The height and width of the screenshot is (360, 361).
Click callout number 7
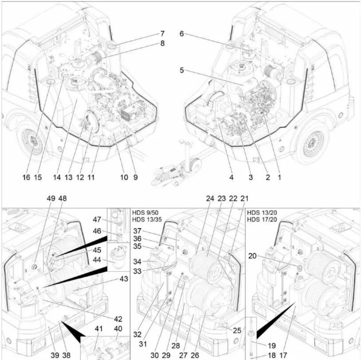[x=162, y=34]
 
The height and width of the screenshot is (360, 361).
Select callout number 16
[x=26, y=177]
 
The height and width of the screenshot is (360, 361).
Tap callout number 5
[x=182, y=71]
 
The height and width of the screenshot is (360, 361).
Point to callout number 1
[x=279, y=177]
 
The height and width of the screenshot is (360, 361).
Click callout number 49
[x=51, y=198]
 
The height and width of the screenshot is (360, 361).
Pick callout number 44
[x=97, y=260]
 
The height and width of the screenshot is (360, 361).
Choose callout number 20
[x=252, y=256]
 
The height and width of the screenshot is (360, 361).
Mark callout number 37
[x=138, y=231]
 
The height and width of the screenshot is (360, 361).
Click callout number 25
[x=237, y=331]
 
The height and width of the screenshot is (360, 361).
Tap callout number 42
[x=118, y=319]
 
